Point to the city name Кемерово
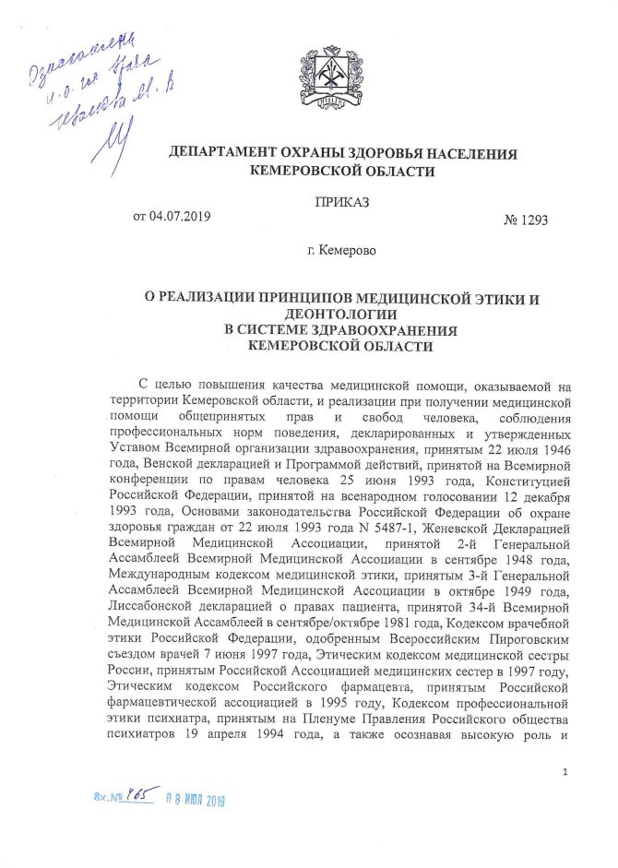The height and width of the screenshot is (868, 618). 348,250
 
